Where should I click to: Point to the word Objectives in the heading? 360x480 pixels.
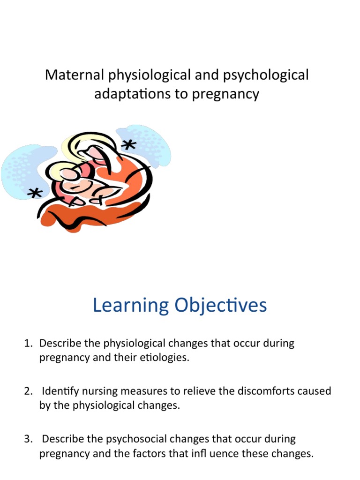(x=220, y=306)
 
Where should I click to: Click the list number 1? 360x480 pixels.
(x=28, y=343)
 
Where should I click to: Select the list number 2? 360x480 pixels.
(x=28, y=391)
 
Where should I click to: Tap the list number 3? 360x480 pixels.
(x=28, y=439)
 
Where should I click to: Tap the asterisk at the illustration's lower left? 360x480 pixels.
(x=34, y=193)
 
